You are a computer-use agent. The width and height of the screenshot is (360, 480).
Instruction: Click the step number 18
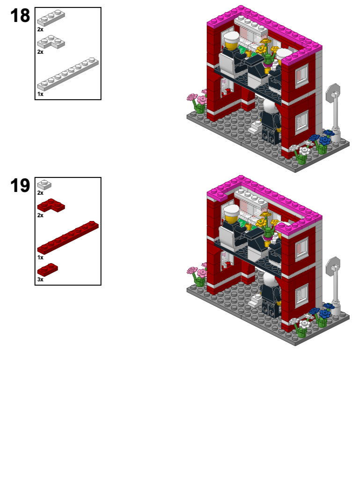(x=20, y=16)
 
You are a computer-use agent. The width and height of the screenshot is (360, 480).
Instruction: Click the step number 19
(x=20, y=186)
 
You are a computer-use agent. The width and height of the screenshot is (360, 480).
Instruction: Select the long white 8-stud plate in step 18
(x=68, y=74)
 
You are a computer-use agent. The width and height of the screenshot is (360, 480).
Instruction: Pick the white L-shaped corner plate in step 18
(x=51, y=43)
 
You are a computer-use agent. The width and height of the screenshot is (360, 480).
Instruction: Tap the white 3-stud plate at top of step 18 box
(x=51, y=18)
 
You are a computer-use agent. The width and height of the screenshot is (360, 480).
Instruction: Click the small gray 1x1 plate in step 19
(x=44, y=185)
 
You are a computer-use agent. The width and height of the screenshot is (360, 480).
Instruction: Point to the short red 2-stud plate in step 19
(x=48, y=269)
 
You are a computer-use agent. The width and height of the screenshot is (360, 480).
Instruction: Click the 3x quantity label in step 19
(x=40, y=279)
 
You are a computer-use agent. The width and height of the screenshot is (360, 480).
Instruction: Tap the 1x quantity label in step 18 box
(x=40, y=94)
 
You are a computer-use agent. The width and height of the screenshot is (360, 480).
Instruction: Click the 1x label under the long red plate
(x=40, y=257)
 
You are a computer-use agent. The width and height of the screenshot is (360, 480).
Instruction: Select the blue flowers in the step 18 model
(x=322, y=139)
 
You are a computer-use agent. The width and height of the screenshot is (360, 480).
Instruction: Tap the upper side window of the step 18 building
(x=301, y=75)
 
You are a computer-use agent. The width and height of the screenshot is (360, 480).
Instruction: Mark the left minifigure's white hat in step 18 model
(x=231, y=37)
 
